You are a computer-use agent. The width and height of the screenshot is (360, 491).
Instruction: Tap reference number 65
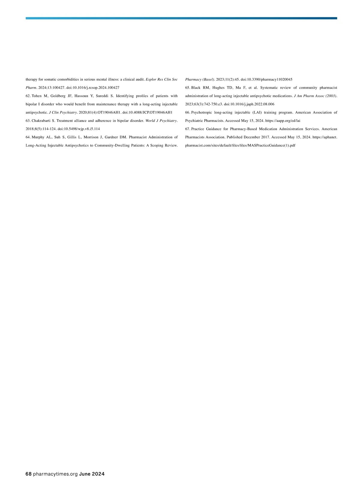point(187,88)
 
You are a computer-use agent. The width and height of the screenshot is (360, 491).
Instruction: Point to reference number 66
point(187,112)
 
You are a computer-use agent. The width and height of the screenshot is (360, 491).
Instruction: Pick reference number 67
point(187,129)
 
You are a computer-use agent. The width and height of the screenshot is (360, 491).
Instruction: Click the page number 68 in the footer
point(28,474)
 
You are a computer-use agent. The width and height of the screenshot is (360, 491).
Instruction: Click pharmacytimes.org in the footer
point(55,474)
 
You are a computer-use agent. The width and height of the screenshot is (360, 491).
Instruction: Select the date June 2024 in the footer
point(92,474)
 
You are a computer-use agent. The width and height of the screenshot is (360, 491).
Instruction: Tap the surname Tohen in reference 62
point(37,96)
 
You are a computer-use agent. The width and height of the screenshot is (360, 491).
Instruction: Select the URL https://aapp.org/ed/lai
point(283,121)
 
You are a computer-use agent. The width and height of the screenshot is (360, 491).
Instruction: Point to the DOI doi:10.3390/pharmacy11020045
point(266,79)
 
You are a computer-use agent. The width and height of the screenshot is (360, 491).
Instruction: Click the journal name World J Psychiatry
point(161,121)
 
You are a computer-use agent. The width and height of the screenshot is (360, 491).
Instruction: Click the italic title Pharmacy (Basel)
point(199,79)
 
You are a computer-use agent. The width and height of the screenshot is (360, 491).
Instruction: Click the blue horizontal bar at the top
point(181,18)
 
